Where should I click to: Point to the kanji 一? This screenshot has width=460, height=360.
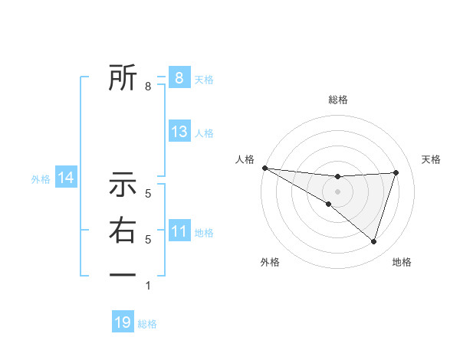[123, 273]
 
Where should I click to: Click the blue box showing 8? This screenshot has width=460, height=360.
[179, 77]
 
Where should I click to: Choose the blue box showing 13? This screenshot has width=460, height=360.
[179, 132]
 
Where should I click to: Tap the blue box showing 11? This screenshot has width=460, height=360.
[179, 231]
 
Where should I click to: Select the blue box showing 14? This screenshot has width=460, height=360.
[66, 178]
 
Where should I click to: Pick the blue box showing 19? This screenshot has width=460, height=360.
[123, 322]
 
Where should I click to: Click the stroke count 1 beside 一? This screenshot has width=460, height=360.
[149, 286]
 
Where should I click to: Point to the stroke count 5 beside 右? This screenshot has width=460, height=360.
[149, 240]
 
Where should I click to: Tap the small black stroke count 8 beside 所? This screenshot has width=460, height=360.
[149, 87]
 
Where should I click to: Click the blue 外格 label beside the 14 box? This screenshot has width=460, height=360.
[41, 179]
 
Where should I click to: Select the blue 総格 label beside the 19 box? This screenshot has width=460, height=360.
[147, 324]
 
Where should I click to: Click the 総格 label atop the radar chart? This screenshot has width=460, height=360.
[337, 100]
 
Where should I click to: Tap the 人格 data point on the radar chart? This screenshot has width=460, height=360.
[264, 167]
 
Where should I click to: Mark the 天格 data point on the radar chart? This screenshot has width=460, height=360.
[396, 172]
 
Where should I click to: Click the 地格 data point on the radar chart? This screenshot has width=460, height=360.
[373, 241]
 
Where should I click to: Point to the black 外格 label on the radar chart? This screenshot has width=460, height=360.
[270, 263]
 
